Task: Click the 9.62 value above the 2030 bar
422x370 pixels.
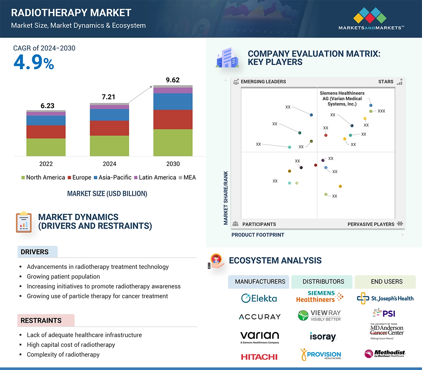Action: [x=173, y=80]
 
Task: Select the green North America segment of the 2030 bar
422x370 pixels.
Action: [x=173, y=142]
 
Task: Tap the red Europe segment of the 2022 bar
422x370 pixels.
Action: [x=46, y=132]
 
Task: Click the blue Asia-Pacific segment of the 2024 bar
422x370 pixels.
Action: [x=109, y=115]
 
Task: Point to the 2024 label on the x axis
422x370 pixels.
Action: [x=109, y=164]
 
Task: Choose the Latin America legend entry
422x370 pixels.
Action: [x=155, y=177]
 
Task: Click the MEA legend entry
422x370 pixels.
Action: [x=187, y=177]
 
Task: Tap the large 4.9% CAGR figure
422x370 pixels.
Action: [x=34, y=63]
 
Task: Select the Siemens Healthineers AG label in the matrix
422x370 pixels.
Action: [x=342, y=98]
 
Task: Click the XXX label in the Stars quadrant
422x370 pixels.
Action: [x=381, y=111]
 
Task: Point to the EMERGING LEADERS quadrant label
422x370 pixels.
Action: [x=263, y=82]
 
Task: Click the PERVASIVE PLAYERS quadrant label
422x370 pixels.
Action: [x=371, y=224]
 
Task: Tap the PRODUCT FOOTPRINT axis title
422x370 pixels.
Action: [x=258, y=235]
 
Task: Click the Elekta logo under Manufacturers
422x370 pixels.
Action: [x=259, y=298]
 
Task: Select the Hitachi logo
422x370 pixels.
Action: [x=259, y=357]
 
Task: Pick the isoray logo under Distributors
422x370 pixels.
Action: [x=323, y=336]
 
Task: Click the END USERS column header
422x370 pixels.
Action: [x=386, y=282]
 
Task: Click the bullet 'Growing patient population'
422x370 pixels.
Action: [x=63, y=277]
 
